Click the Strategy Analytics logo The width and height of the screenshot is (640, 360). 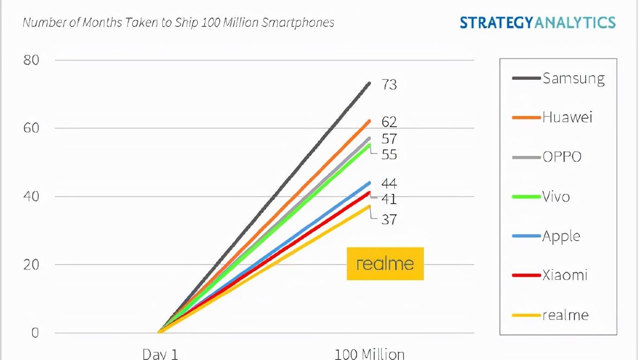[538, 22]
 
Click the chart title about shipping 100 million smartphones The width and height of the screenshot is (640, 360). [179, 22]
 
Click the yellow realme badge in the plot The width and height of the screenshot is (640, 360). [385, 264]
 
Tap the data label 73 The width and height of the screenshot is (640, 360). [389, 85]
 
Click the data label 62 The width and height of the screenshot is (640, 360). [389, 122]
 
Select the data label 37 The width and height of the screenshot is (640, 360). [389, 219]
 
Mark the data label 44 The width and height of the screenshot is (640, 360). [389, 183]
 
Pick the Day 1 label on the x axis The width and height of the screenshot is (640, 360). [160, 354]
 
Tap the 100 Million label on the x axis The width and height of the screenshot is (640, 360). [369, 354]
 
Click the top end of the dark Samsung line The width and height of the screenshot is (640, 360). [369, 84]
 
